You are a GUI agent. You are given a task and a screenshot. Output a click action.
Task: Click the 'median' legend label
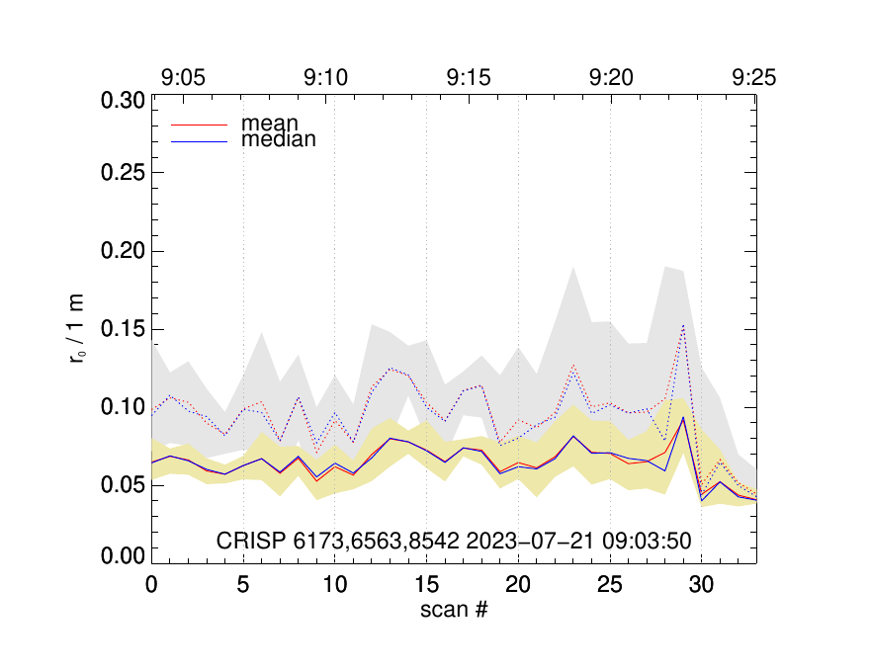pos(279,140)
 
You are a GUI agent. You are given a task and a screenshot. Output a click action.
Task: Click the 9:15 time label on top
pos(469,77)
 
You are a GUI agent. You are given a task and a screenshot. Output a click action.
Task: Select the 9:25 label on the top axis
pos(753,77)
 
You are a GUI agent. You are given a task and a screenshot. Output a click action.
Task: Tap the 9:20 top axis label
pos(611,77)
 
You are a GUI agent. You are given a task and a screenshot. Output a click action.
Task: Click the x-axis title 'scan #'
pos(454,610)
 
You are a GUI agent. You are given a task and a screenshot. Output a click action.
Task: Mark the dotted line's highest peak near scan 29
pos(682,325)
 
